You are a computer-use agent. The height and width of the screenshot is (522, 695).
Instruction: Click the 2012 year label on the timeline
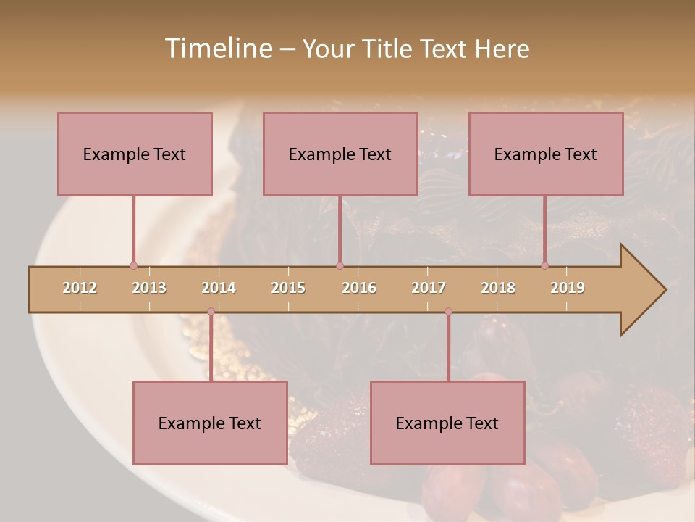[80, 288]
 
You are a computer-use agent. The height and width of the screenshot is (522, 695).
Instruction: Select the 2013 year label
[149, 288]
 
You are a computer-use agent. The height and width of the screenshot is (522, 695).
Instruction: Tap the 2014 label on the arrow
[219, 288]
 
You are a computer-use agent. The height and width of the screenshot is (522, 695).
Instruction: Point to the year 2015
[288, 288]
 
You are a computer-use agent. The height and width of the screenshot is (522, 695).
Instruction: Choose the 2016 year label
[359, 288]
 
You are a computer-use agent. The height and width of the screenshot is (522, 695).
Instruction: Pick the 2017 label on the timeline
[429, 288]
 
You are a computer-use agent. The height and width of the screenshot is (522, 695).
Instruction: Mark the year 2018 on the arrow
[498, 288]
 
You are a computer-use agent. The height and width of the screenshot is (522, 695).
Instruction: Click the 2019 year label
[568, 288]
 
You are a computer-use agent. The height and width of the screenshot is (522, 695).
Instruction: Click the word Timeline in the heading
[217, 49]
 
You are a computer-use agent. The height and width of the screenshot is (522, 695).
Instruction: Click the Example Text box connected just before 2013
[135, 154]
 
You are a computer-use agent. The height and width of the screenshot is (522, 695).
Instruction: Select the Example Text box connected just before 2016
[340, 154]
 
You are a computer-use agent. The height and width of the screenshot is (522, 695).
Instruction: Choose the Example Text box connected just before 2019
[546, 154]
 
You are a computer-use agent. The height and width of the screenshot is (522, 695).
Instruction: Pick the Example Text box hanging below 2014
[210, 423]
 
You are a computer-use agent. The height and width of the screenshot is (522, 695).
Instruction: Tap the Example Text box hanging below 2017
[447, 423]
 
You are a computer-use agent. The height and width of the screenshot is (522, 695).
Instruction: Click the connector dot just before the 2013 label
[133, 265]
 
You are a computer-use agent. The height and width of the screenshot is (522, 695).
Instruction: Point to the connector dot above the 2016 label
[340, 265]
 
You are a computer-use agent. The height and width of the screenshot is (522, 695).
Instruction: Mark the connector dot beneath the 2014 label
[211, 312]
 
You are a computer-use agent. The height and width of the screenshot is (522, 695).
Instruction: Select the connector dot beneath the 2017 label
[448, 312]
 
